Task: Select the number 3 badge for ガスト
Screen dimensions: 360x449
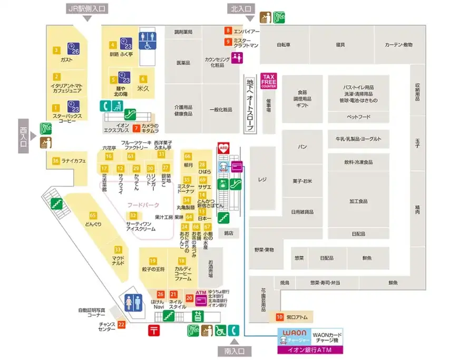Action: pos(56,51)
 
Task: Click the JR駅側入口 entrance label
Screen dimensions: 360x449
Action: pos(87,8)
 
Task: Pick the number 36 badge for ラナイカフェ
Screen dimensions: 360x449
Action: pos(56,161)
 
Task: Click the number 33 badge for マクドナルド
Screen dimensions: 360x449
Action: pos(118,249)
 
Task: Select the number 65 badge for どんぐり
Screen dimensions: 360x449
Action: pos(93,215)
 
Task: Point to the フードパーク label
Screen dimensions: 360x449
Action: pos(143,205)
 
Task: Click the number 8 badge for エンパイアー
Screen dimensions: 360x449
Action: pos(228,31)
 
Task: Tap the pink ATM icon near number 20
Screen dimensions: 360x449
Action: pos(201,299)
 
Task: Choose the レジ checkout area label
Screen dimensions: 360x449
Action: pos(262,179)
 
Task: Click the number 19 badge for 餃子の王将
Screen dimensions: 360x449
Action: pos(152,261)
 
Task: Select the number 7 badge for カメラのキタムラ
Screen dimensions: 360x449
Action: pos(136,127)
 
